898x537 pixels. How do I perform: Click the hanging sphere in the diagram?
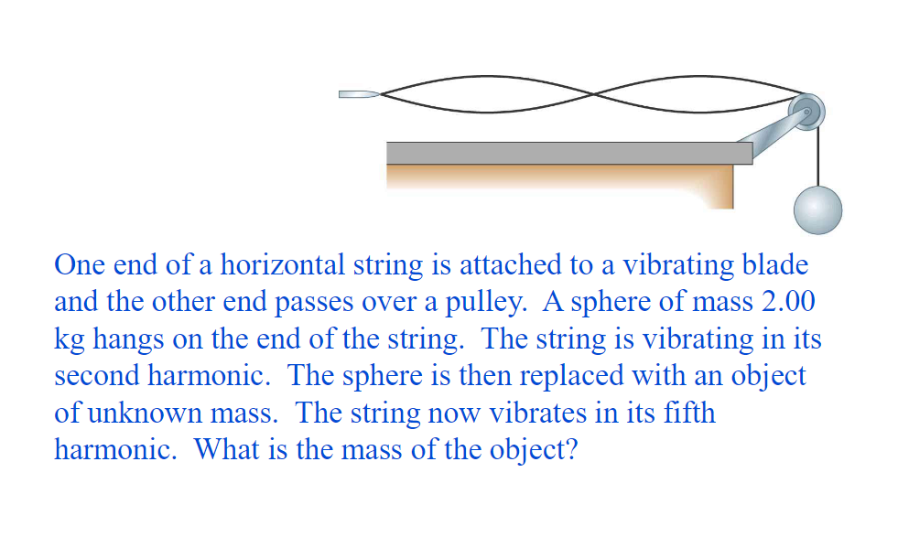817,209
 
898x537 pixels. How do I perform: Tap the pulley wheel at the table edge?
808,111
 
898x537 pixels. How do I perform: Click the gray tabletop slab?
568,153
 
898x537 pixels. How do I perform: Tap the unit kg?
70,340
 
